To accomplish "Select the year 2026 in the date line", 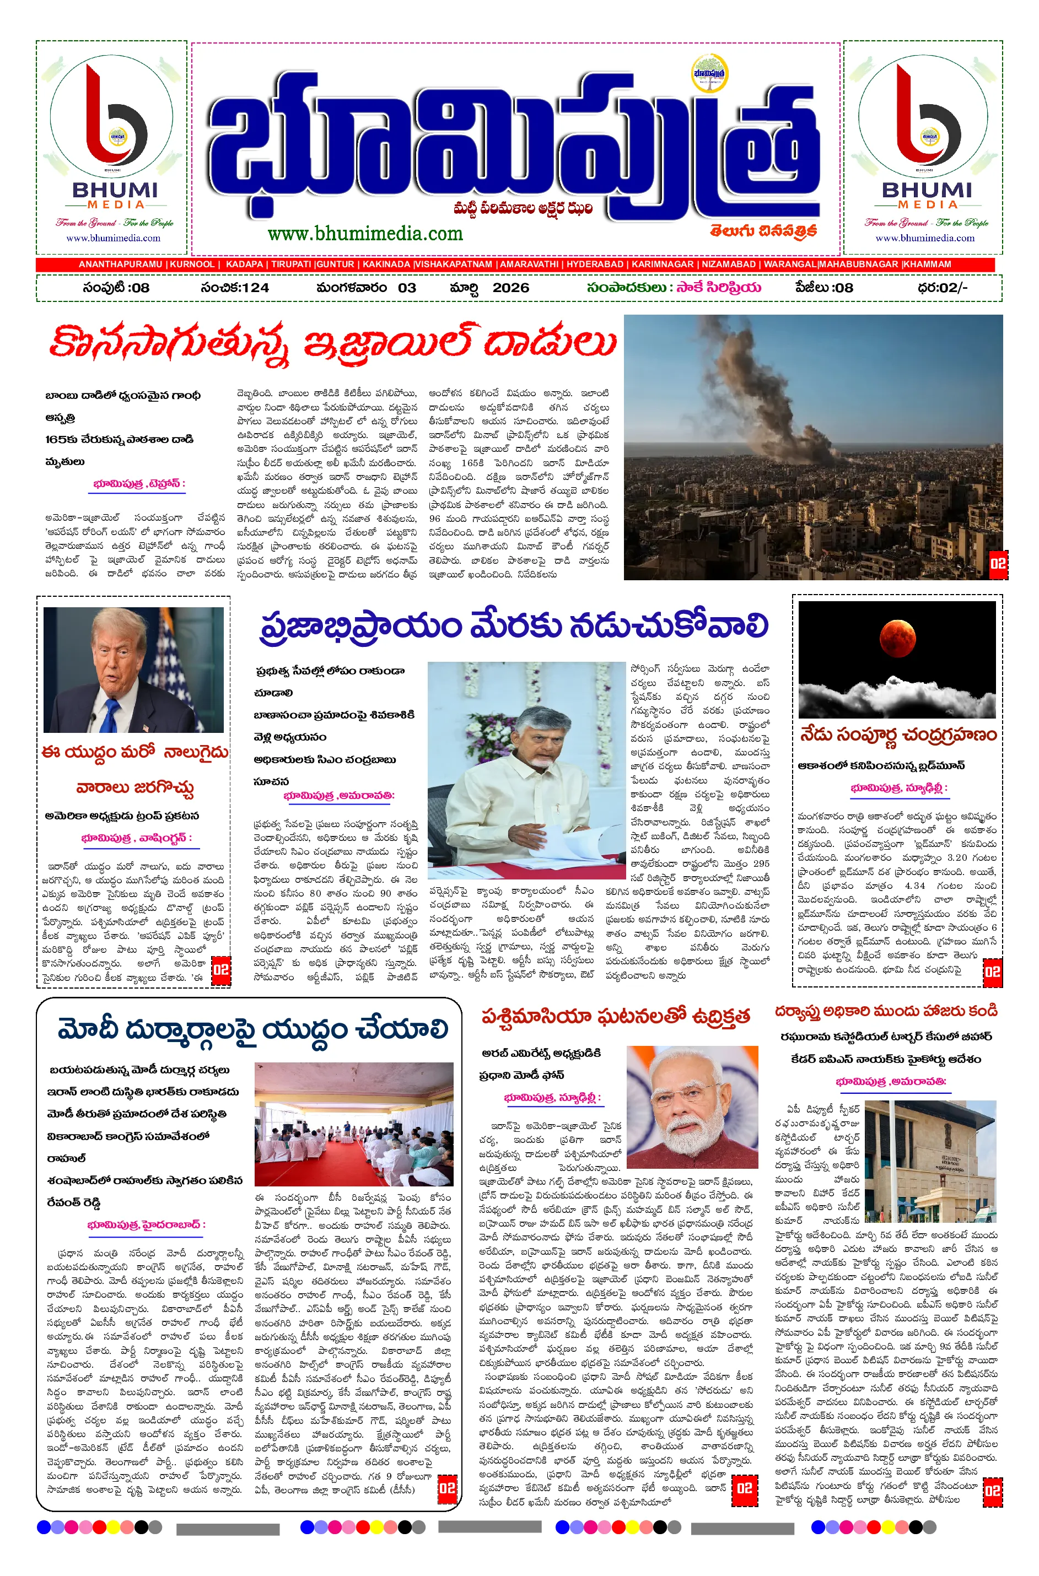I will pyautogui.click(x=510, y=288).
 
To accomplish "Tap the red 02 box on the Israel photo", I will pyautogui.click(x=998, y=564).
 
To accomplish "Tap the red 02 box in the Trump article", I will pyautogui.click(x=220, y=970).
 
